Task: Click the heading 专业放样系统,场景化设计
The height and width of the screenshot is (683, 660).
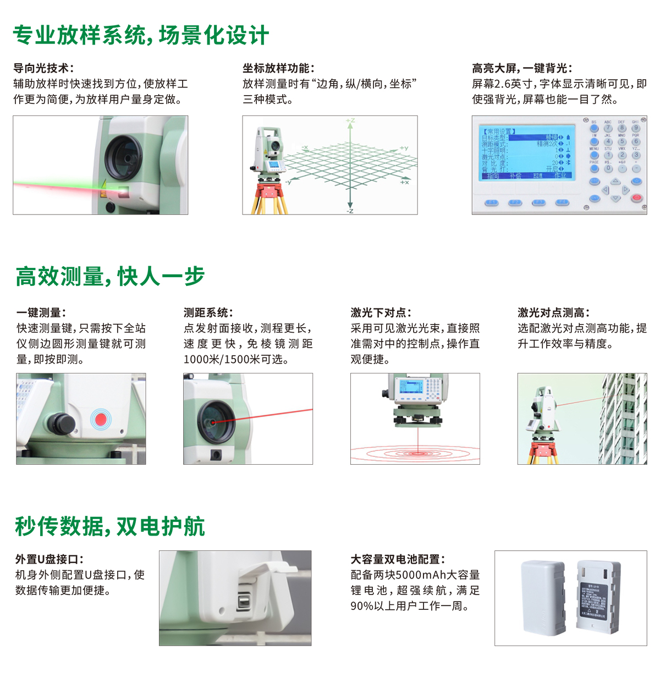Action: click(x=141, y=35)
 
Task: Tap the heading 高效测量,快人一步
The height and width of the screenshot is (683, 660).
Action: click(x=110, y=276)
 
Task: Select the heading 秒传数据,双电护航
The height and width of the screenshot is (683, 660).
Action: click(x=110, y=526)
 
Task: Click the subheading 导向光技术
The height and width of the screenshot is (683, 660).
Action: click(x=43, y=68)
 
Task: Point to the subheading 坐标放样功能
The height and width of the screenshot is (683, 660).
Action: click(x=278, y=68)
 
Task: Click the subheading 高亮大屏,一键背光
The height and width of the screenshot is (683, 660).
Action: click(x=522, y=68)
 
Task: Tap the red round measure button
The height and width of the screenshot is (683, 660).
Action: click(x=101, y=419)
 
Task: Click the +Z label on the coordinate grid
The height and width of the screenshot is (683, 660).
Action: click(x=350, y=120)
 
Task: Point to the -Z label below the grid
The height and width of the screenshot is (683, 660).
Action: click(x=350, y=211)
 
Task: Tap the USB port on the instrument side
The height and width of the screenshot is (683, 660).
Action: click(x=243, y=601)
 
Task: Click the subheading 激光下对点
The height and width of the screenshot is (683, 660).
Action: click(x=381, y=312)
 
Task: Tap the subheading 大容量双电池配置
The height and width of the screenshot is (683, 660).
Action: click(x=398, y=559)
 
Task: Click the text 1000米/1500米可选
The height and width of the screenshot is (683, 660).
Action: click(x=236, y=359)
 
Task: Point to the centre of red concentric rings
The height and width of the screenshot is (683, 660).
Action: click(x=418, y=454)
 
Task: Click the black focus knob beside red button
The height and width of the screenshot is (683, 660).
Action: click(x=61, y=423)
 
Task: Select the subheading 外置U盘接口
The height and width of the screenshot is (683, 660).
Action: click(x=50, y=559)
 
